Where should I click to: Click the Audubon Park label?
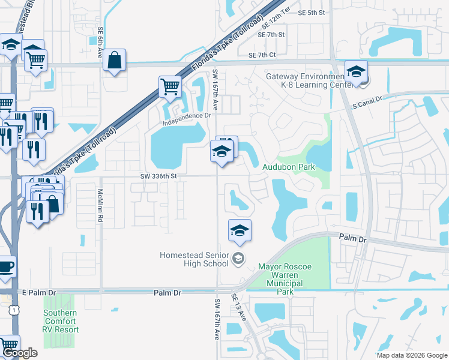[289, 167]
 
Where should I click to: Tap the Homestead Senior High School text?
[194, 259]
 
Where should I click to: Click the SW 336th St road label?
[159, 176]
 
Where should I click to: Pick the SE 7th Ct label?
[262, 55]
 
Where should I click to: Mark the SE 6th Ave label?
[101, 43]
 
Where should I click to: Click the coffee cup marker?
[5, 266]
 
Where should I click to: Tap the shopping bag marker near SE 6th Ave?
[113, 60]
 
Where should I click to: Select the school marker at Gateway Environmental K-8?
[356, 71]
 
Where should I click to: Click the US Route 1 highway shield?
[13, 310]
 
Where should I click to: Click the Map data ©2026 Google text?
[411, 355]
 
